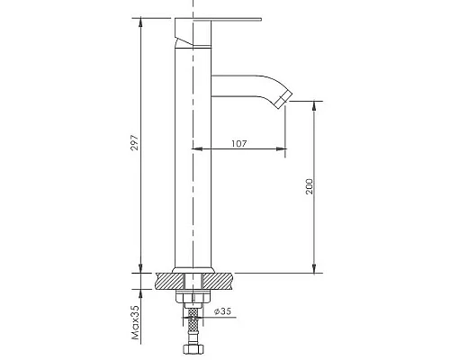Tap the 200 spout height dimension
tap(308, 187)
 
